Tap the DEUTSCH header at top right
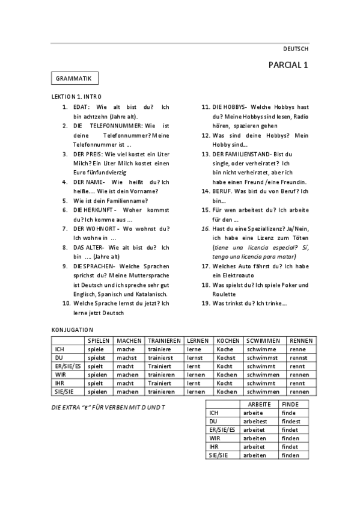click(x=296, y=49)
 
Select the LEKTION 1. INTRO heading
click(x=77, y=96)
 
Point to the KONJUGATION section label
click(x=72, y=330)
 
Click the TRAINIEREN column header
click(x=165, y=340)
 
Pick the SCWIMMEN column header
click(x=264, y=340)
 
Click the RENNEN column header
click(x=301, y=340)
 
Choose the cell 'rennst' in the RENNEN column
click(x=298, y=357)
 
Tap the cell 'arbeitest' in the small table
click(x=255, y=422)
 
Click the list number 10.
click(x=67, y=304)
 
